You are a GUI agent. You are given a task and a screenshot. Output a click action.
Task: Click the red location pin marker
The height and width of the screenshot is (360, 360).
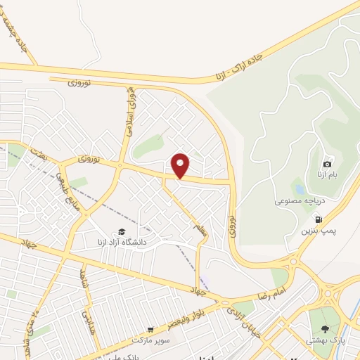pyautogui.click(x=181, y=165)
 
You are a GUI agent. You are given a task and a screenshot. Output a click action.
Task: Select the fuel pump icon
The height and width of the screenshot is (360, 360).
pyautogui.click(x=319, y=220)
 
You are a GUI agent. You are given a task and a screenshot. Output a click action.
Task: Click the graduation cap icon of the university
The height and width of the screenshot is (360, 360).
pyautogui.click(x=122, y=231)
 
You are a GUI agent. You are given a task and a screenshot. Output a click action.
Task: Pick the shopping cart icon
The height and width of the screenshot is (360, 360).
pyautogui.click(x=150, y=329)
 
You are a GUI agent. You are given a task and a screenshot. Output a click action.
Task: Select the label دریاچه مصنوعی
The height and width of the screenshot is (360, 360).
pyautogui.click(x=299, y=200)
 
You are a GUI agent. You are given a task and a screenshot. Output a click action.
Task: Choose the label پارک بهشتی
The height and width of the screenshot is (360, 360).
pyautogui.click(x=325, y=340)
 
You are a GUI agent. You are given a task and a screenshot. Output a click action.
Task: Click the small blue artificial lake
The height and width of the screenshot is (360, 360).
pyautogui.click(x=300, y=189)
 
